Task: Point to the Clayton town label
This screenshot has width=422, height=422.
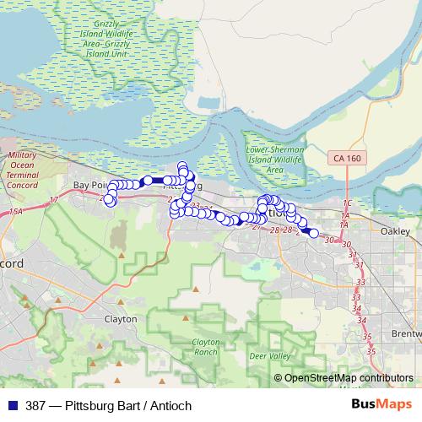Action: click(120, 319)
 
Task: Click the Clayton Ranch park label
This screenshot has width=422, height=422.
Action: click(205, 346)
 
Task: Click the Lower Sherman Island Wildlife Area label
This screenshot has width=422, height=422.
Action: click(273, 160)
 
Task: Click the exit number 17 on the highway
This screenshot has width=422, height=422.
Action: click(54, 199)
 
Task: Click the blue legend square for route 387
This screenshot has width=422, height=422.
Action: click(8, 405)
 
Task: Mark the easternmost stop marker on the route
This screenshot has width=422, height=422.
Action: click(313, 234)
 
